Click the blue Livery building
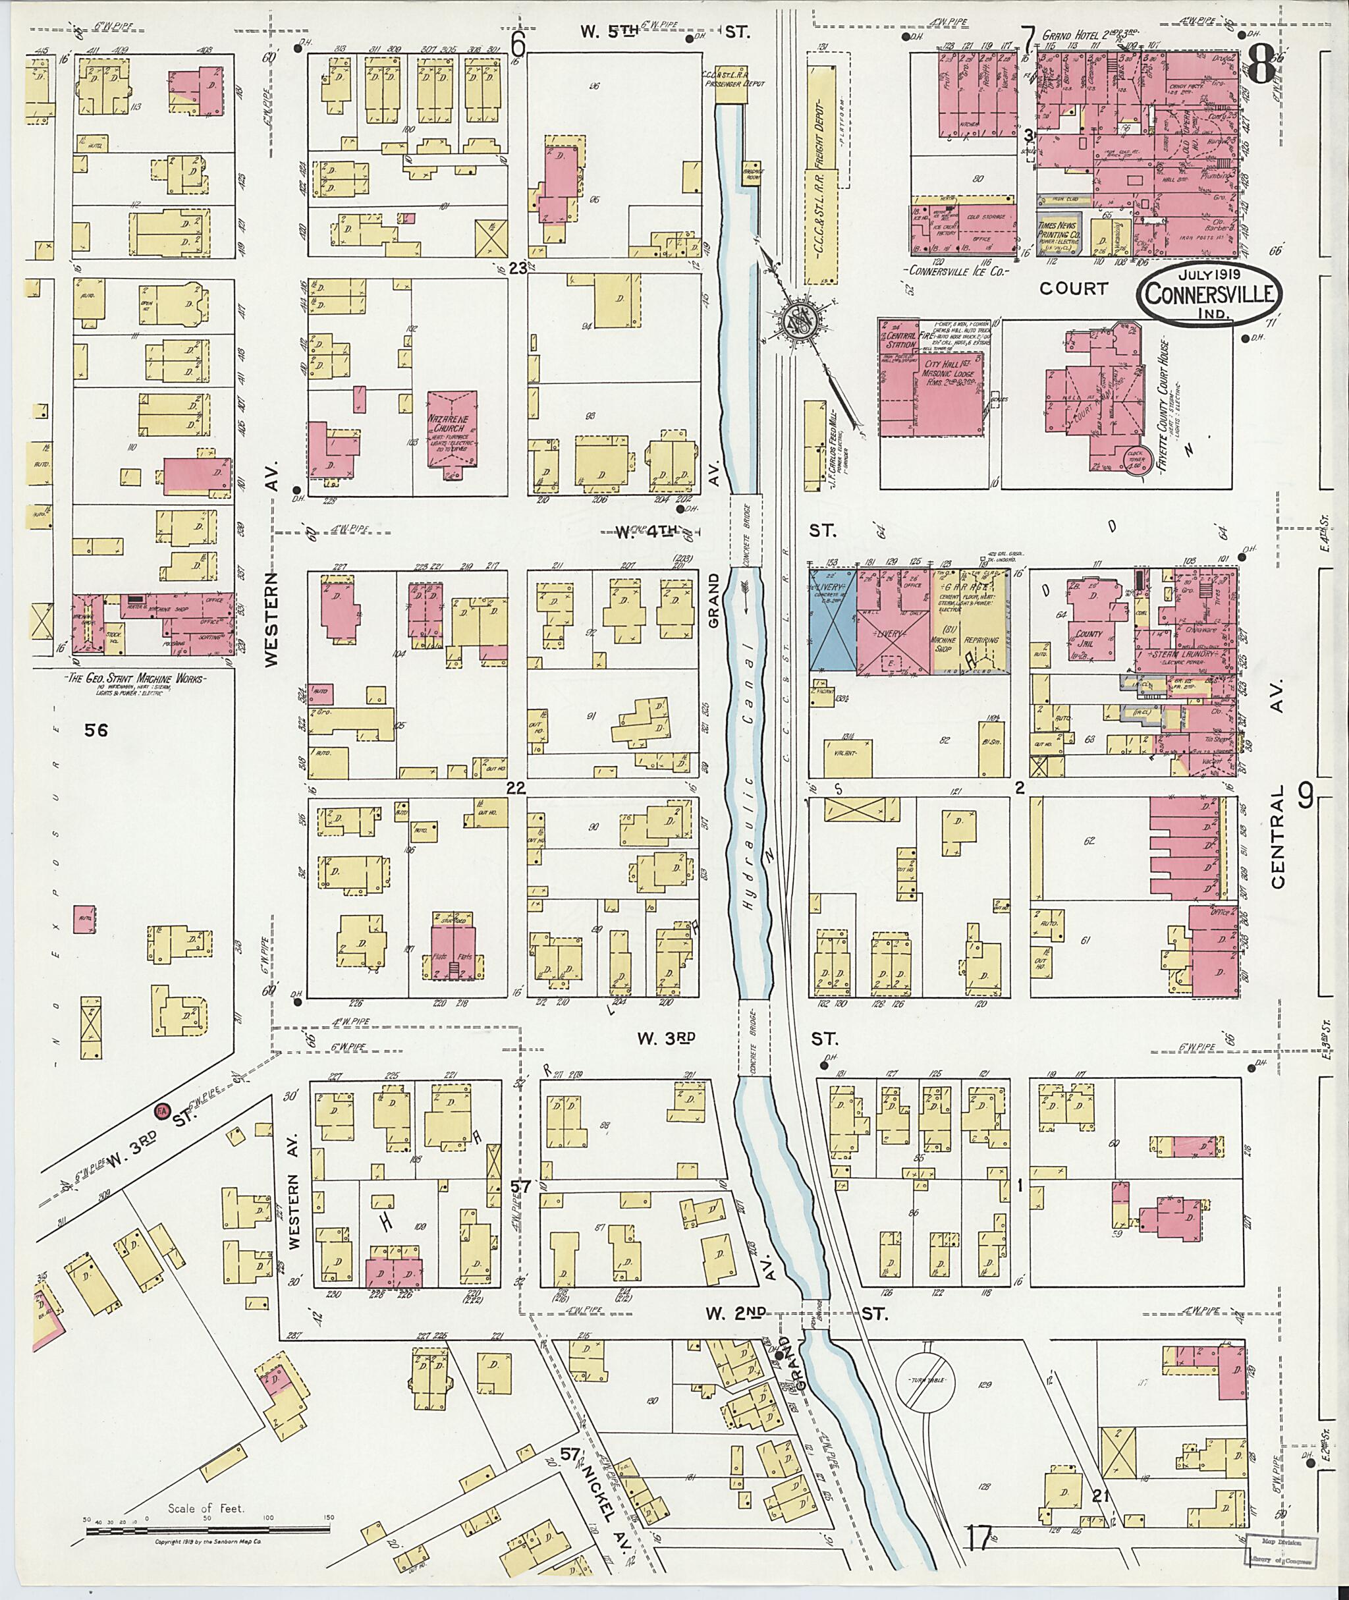click(833, 621)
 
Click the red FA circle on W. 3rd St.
click(161, 1110)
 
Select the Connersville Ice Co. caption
click(956, 271)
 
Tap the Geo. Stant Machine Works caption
click(134, 679)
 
